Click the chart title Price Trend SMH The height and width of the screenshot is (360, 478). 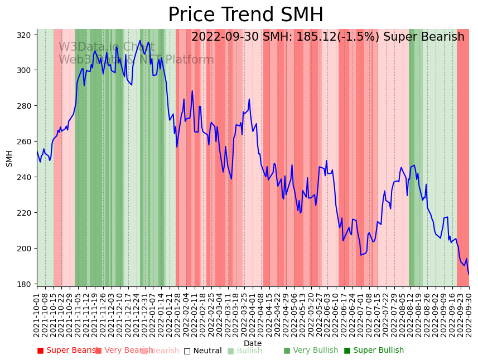click(x=245, y=15)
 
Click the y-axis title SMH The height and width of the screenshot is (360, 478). click(x=9, y=158)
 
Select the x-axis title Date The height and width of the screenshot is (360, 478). click(x=253, y=343)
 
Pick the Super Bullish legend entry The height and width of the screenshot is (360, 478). click(x=374, y=351)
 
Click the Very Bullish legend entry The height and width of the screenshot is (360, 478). click(x=312, y=351)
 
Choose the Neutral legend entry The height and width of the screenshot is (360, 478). click(x=203, y=351)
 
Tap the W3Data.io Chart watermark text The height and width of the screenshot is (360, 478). click(x=99, y=47)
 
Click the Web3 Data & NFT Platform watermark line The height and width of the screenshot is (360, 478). click(x=136, y=60)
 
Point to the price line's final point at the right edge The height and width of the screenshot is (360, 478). click(x=469, y=274)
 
